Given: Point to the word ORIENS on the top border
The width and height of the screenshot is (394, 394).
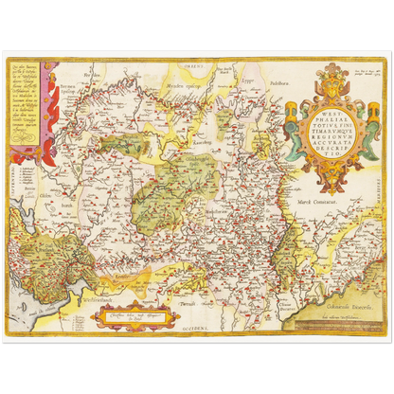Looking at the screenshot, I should (x=194, y=62).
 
